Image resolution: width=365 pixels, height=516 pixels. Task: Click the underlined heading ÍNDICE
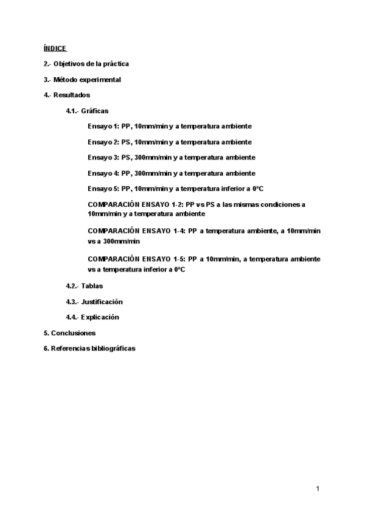[55, 48]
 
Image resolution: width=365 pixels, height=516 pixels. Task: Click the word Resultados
[71, 96]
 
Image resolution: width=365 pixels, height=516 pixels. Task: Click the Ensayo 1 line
[170, 126]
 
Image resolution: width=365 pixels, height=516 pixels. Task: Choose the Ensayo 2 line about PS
[170, 142]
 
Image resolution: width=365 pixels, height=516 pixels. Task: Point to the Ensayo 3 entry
[172, 158]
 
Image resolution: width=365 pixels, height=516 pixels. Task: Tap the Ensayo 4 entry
[172, 173]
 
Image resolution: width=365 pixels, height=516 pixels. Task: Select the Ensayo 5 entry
[175, 189]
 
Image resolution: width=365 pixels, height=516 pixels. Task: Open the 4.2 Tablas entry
[85, 286]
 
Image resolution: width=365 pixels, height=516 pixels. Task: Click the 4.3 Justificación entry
[94, 302]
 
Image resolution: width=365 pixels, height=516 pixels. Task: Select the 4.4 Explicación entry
[92, 317]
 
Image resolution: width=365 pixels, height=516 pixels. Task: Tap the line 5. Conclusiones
[69, 333]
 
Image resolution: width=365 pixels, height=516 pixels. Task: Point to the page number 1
[318, 489]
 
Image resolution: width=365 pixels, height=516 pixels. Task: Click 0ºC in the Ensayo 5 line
[257, 189]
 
